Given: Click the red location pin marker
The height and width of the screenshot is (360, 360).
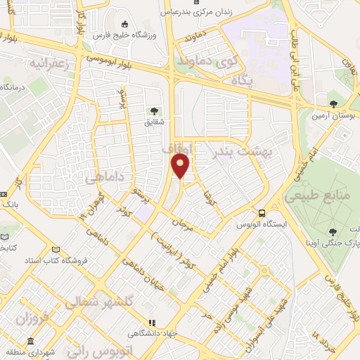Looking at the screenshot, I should click(x=181, y=166).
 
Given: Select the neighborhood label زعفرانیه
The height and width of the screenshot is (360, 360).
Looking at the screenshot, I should click(x=51, y=64).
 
